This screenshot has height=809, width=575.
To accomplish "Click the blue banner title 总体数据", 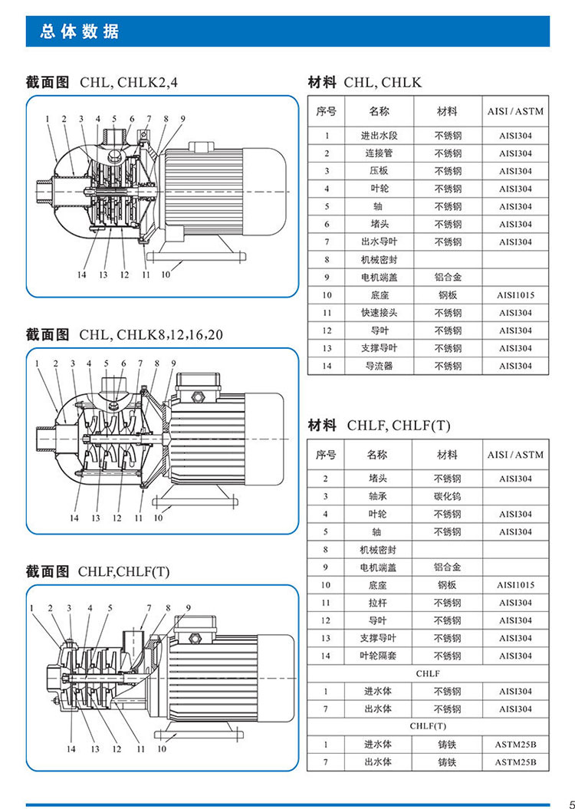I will [80, 32].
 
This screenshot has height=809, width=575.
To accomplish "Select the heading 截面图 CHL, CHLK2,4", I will [102, 82].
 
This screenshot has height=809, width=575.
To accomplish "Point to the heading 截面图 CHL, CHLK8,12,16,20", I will [124, 334].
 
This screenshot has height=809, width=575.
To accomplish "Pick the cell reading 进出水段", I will [379, 136].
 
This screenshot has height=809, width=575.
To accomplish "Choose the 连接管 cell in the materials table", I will [379, 153].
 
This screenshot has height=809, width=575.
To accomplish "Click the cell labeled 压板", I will [379, 171].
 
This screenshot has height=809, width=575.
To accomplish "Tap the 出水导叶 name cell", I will [379, 242].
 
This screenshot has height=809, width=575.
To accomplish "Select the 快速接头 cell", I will [379, 313].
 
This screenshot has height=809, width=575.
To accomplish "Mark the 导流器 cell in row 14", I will [379, 367].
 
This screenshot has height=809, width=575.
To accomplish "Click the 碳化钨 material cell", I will [448, 496].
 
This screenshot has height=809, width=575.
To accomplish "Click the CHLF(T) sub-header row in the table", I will [428, 726].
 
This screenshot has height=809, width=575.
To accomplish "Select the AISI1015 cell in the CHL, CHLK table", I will [516, 295].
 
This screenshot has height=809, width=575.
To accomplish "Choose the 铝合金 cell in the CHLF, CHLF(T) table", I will [448, 567].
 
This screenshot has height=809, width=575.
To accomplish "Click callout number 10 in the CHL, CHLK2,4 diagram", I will [166, 275].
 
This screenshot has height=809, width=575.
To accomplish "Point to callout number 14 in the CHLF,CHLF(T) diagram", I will [71, 749].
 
